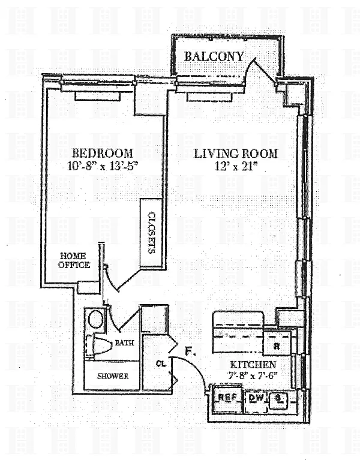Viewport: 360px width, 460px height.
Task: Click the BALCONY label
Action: click(214, 56)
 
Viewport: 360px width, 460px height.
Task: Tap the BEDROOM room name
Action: click(103, 153)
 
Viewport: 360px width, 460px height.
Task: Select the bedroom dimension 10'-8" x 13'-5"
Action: click(103, 166)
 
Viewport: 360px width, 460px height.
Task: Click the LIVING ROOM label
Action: click(236, 154)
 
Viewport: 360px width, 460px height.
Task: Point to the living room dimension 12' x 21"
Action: click(236, 167)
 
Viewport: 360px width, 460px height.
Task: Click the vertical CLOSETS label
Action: click(151, 232)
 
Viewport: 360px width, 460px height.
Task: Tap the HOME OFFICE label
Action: click(74, 260)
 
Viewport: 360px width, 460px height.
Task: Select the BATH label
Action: click(124, 342)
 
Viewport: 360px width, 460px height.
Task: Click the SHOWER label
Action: click(113, 376)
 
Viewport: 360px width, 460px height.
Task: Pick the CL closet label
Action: click(161, 363)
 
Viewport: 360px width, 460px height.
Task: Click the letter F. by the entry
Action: click(190, 351)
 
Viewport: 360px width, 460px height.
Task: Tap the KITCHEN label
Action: click(253, 365)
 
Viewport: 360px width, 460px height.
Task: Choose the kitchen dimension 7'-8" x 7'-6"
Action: click(253, 375)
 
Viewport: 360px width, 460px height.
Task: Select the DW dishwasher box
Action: click(256, 402)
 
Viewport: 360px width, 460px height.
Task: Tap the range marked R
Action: click(277, 342)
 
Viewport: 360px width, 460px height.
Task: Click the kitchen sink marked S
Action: click(278, 401)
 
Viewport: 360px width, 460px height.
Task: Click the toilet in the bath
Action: click(99, 346)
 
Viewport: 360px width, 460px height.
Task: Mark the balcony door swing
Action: click(258, 66)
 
